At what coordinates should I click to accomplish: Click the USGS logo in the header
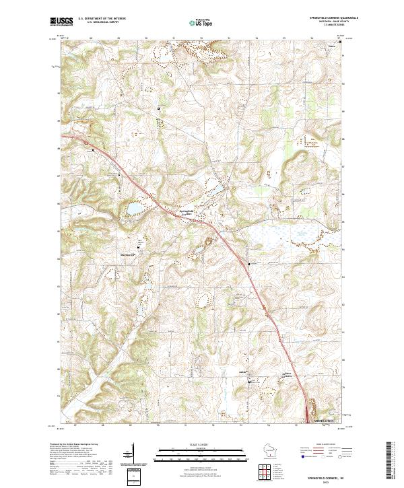[x=61, y=22]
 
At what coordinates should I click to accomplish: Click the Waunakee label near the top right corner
[x=331, y=46]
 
